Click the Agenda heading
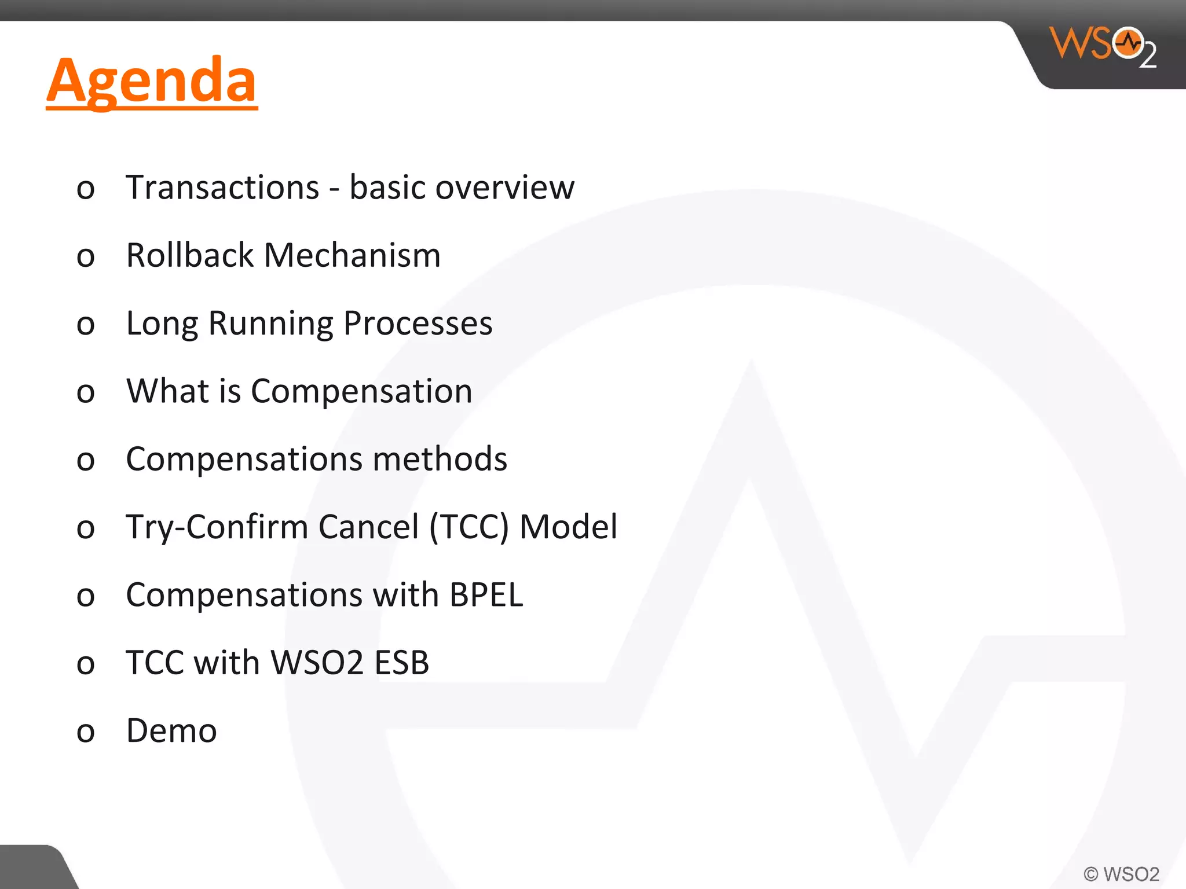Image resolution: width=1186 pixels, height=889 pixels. pos(152,81)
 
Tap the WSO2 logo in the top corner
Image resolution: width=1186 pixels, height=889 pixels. pos(1103,46)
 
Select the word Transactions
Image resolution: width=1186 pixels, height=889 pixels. pos(222,188)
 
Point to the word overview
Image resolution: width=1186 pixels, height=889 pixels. pos(505,188)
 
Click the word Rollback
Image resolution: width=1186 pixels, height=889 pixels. pos(190,255)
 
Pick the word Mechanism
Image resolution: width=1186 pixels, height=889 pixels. pos(352,255)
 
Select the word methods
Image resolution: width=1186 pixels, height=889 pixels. pos(440,459)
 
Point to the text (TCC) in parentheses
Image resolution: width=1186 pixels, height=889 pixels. pos(469,527)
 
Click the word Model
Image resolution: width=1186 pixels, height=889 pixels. pos(568,527)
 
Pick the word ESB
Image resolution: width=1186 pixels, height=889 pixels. pos(401,663)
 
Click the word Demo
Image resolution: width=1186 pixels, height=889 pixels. pos(171,730)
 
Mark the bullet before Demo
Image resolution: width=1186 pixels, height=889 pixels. pos(86,733)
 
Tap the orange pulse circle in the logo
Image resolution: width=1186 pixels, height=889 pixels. pos(1128,43)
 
